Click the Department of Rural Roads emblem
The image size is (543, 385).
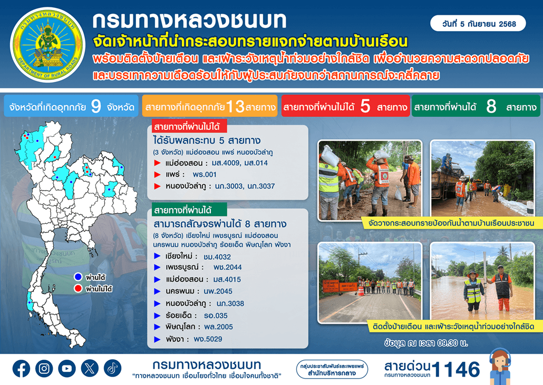pos(47,45)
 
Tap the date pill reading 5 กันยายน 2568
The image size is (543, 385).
pos(478,24)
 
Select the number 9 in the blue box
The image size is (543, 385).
pos(96,106)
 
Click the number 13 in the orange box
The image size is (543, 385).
pos(235,107)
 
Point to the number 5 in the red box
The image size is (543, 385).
pos(365,106)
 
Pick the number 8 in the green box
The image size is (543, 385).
pos(491,106)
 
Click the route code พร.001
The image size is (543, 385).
pos(205,174)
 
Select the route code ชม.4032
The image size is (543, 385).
pos(217,257)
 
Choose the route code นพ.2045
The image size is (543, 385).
pos(218,292)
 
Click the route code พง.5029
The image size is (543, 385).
pos(208,339)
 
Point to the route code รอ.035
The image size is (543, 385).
pos(216,316)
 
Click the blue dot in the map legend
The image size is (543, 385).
pos(78,277)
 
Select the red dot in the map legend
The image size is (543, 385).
pos(78,288)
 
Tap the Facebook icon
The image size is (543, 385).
pos(22,368)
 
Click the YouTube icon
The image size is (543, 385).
pos(67,368)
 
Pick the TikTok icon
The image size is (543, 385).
pos(112,368)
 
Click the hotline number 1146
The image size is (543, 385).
pos(456,369)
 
